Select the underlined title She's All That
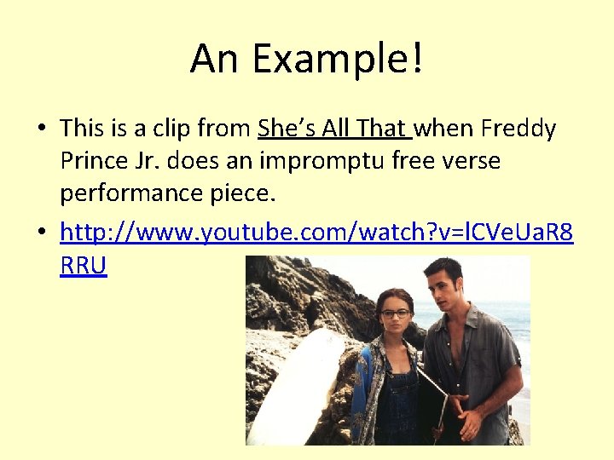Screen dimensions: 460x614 [334, 129]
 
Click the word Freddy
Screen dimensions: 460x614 [518, 129]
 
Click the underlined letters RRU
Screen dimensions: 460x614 [84, 266]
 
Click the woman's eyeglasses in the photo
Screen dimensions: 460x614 [395, 313]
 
